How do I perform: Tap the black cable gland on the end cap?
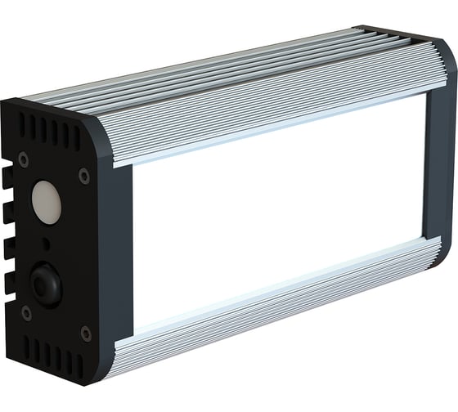[44, 282]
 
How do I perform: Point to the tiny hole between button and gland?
[44, 244]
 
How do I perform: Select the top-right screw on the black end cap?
[84, 176]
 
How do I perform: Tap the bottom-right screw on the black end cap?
[85, 333]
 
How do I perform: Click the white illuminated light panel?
[278, 212]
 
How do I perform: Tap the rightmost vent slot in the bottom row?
[80, 365]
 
